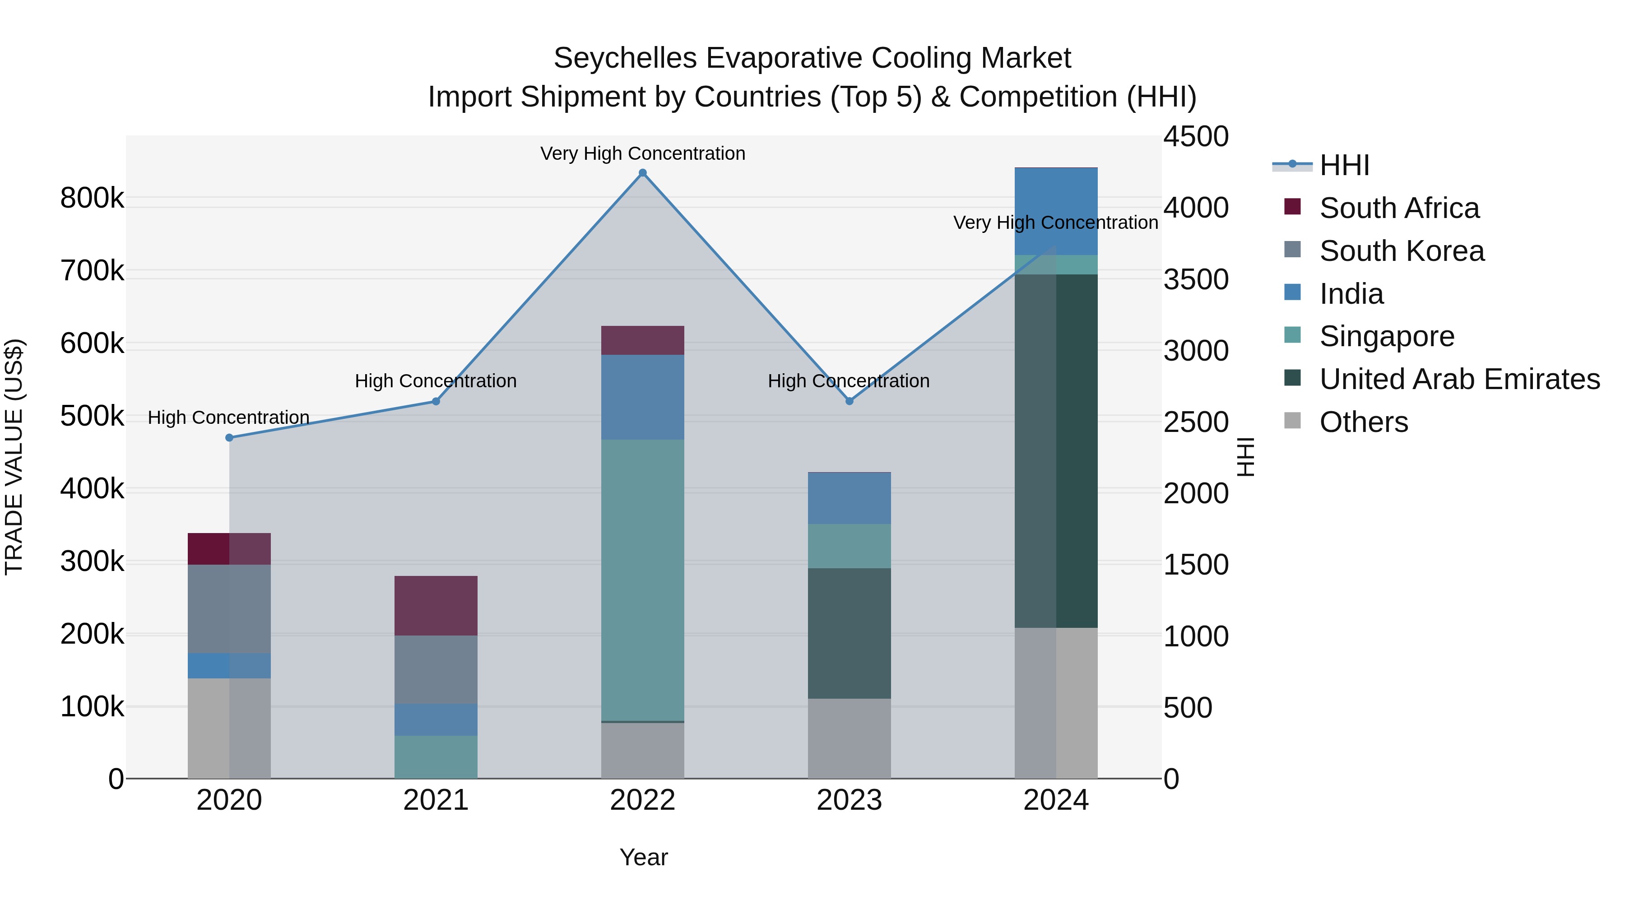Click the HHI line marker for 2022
(x=642, y=173)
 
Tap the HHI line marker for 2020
(x=229, y=438)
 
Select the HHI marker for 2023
(x=849, y=401)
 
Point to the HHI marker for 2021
(x=436, y=401)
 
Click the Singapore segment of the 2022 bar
(x=642, y=580)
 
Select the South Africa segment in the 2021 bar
(x=436, y=606)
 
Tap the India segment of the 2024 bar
(x=1056, y=211)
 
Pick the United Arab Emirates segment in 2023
(x=849, y=633)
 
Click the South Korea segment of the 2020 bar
(x=229, y=609)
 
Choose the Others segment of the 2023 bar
(x=849, y=738)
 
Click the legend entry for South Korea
(x=1401, y=251)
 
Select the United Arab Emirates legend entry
(x=1459, y=379)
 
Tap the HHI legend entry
(x=1344, y=165)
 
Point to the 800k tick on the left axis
(x=92, y=198)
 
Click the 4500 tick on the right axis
(x=1195, y=137)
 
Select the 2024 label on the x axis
(x=1056, y=800)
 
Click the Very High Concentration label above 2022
(x=642, y=153)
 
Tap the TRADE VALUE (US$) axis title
(x=14, y=457)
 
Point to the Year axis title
(x=643, y=857)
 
